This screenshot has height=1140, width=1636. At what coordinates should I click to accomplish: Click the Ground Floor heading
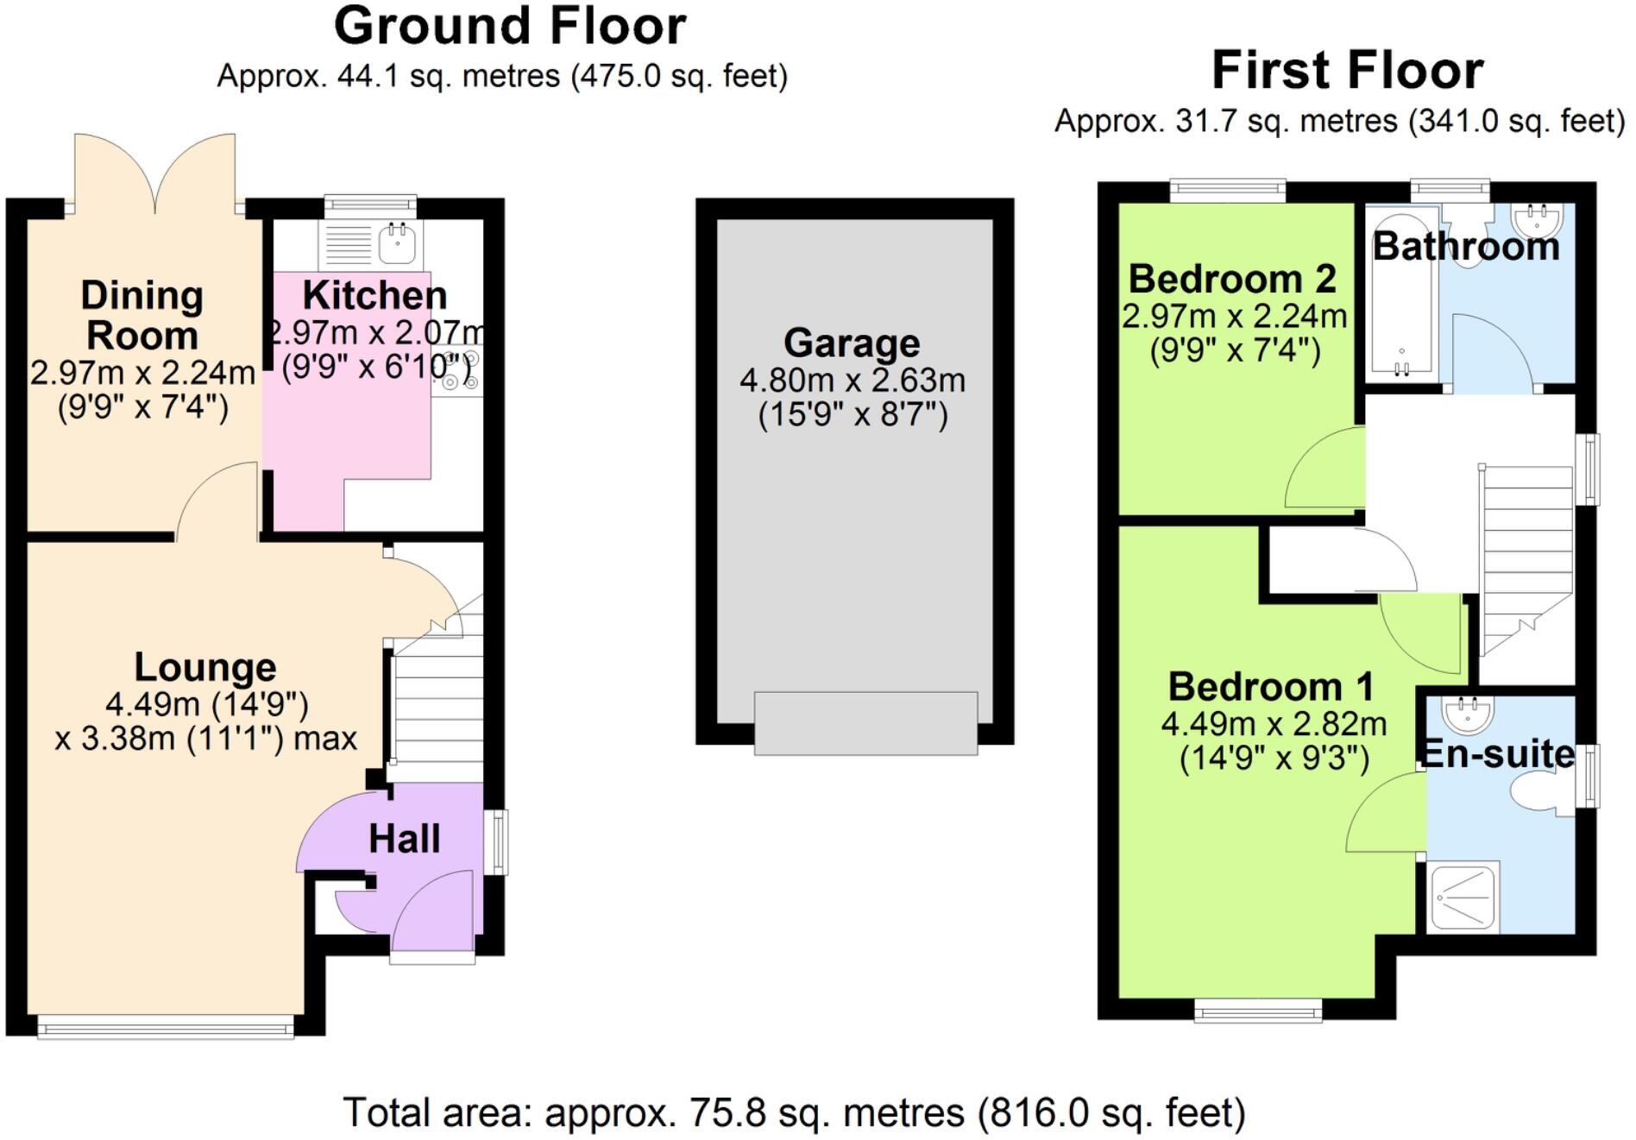tap(510, 26)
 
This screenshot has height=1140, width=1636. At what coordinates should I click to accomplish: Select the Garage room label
tap(852, 343)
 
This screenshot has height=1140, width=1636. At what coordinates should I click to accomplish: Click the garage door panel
tap(865, 723)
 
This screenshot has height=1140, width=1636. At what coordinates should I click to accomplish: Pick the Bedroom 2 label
tap(1232, 279)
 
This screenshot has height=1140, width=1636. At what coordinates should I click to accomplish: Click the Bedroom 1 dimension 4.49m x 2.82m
tap(1274, 723)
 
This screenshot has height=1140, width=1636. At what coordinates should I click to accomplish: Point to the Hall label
tap(404, 839)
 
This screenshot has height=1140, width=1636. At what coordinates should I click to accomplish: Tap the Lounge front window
tap(166, 1027)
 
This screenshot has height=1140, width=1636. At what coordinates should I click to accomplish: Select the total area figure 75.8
tap(727, 1113)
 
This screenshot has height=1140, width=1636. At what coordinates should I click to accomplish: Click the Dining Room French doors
tap(155, 173)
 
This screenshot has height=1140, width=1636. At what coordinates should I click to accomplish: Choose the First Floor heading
tap(1347, 71)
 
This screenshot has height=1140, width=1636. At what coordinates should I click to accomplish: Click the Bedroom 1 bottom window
tap(1257, 1011)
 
